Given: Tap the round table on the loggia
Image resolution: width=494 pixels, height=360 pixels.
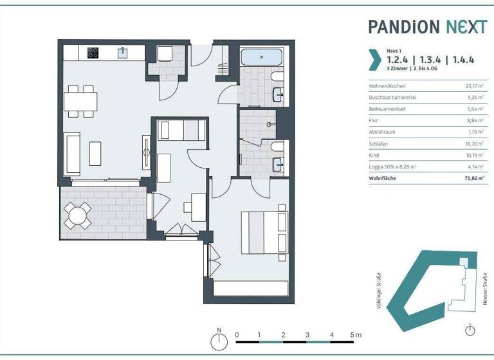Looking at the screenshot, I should coord(78,215).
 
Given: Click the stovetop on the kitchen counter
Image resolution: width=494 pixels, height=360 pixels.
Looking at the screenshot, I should coord(93,52).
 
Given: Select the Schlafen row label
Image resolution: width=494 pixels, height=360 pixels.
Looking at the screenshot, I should coord(378,144).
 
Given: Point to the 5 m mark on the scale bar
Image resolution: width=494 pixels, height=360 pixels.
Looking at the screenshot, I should coord(356,334).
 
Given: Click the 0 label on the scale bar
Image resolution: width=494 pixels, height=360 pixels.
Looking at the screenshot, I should coord(237,334).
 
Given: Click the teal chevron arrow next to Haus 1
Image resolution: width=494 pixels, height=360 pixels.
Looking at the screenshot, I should coord(373,59).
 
